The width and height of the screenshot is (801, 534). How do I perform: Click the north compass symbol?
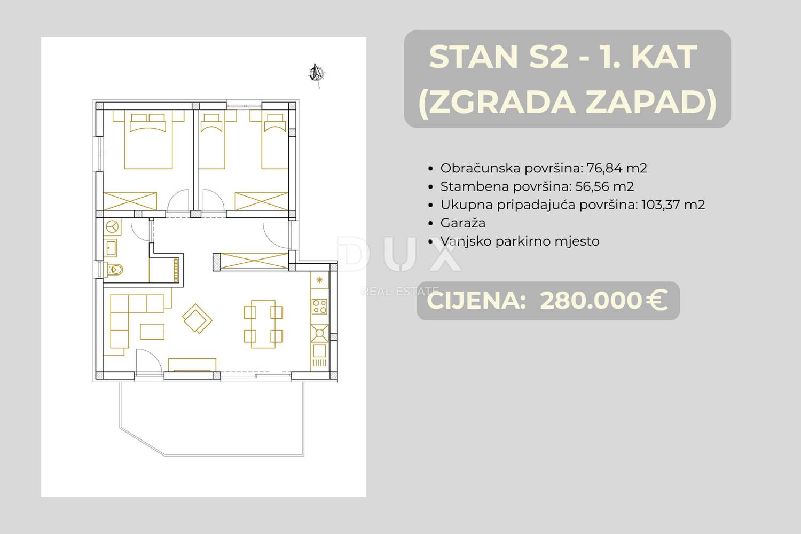(x=316, y=74)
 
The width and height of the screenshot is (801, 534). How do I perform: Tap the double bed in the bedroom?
(x=148, y=141)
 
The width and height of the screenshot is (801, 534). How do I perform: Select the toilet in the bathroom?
(x=114, y=269)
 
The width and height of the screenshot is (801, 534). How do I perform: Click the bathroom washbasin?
(x=111, y=248)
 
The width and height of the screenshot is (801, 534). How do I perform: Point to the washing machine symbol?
(x=113, y=227)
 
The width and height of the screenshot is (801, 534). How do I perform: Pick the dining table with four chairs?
(x=263, y=324)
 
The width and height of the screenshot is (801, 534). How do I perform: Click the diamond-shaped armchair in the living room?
(x=197, y=318)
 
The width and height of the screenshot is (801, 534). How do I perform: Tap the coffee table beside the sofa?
(x=152, y=332)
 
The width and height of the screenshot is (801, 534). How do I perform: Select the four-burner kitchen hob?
(x=319, y=307)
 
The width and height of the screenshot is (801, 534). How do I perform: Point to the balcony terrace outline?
(x=120, y=405)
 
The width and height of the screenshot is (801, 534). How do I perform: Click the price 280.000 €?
(x=603, y=301)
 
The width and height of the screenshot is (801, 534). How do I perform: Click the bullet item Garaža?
(x=463, y=223)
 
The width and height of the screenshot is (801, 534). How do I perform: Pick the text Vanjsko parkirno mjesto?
(x=520, y=241)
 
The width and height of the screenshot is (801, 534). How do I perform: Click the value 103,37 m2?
(x=673, y=205)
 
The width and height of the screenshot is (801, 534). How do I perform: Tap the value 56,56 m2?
(x=604, y=186)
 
